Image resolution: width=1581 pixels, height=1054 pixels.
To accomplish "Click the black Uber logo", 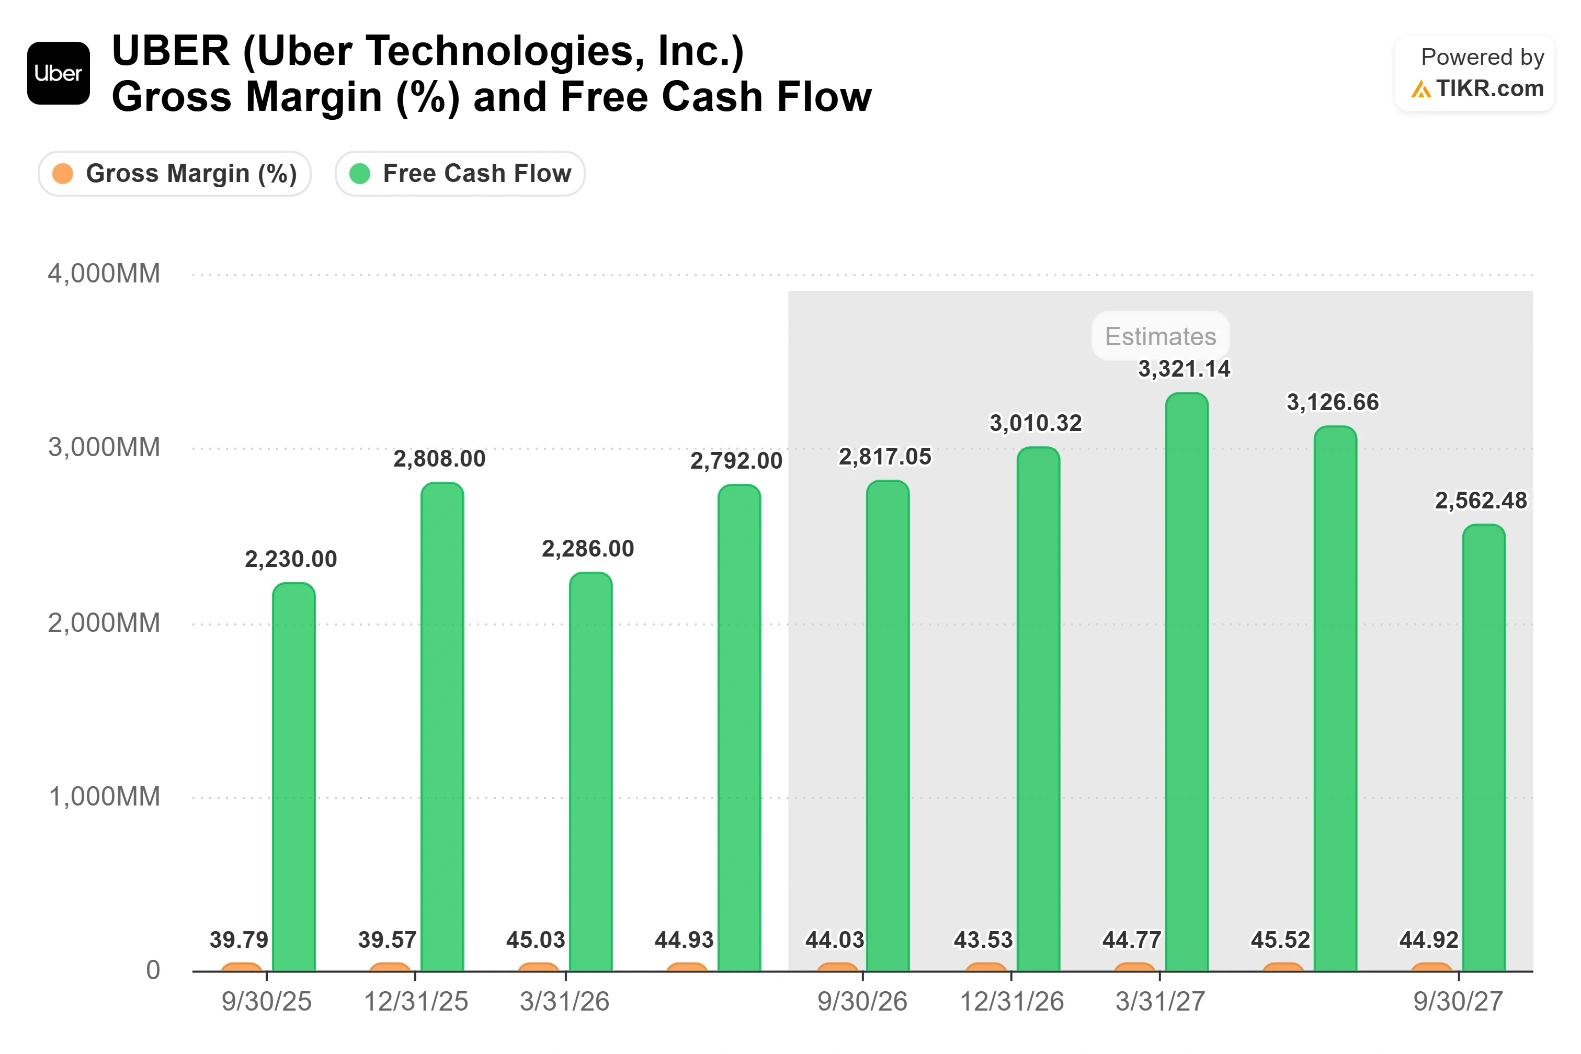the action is coord(59,73).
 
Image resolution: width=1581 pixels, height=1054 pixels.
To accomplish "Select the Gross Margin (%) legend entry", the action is coord(175,174).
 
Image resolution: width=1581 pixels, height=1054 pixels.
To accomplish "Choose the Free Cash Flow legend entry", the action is coord(460,174).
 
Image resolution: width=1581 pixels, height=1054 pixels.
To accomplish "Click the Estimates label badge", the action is coord(1161,336).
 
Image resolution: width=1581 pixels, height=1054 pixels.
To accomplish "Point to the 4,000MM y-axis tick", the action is coord(104,274).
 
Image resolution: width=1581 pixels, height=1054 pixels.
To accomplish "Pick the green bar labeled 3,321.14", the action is coord(1187,682).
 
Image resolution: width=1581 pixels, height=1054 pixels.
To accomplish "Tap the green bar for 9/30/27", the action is coord(1484,748).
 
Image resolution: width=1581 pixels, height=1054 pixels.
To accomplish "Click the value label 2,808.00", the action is coord(439,459).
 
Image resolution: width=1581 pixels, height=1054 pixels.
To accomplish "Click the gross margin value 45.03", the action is coord(536,940).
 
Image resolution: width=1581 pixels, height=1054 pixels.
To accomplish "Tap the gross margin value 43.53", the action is coord(983,940).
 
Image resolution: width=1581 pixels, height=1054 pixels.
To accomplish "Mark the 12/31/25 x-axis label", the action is coord(416,1002).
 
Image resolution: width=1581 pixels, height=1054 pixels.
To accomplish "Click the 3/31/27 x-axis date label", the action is coord(1161,1002).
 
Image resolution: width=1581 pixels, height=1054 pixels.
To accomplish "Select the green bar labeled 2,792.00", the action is coord(739,728).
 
